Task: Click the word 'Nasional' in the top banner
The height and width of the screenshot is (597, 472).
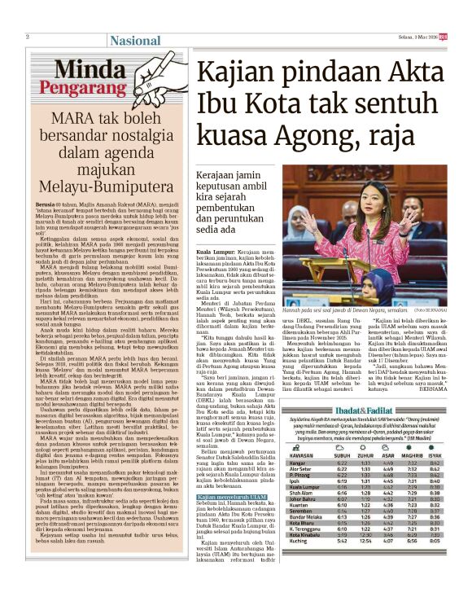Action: [134, 41]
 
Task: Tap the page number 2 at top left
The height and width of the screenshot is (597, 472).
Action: [28, 37]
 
